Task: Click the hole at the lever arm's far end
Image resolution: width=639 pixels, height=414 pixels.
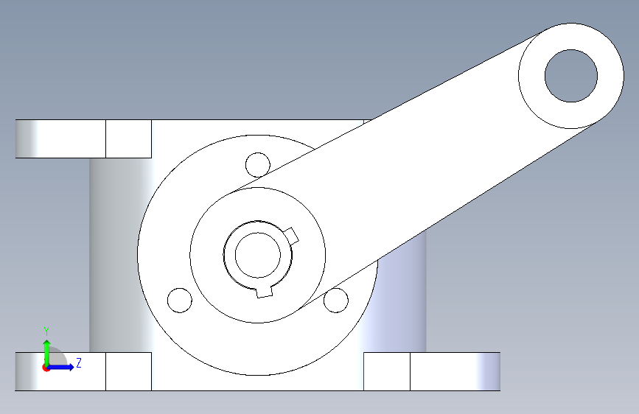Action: [x=571, y=76]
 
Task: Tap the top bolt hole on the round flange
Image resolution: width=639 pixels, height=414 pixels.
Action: [x=257, y=164]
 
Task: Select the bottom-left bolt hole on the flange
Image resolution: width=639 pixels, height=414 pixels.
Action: [x=180, y=301]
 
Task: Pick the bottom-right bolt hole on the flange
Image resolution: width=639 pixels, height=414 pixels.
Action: [x=336, y=301]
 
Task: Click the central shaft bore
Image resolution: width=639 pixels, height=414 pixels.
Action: [x=257, y=255]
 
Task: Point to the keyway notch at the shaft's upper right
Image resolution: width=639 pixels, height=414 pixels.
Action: [x=292, y=236]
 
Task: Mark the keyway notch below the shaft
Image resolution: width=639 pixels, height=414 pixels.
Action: [x=264, y=292]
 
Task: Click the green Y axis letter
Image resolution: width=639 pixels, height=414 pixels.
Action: [x=46, y=331]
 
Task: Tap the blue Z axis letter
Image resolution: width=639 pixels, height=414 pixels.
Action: [x=79, y=362]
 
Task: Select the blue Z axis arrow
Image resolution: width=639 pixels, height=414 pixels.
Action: [x=61, y=367]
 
